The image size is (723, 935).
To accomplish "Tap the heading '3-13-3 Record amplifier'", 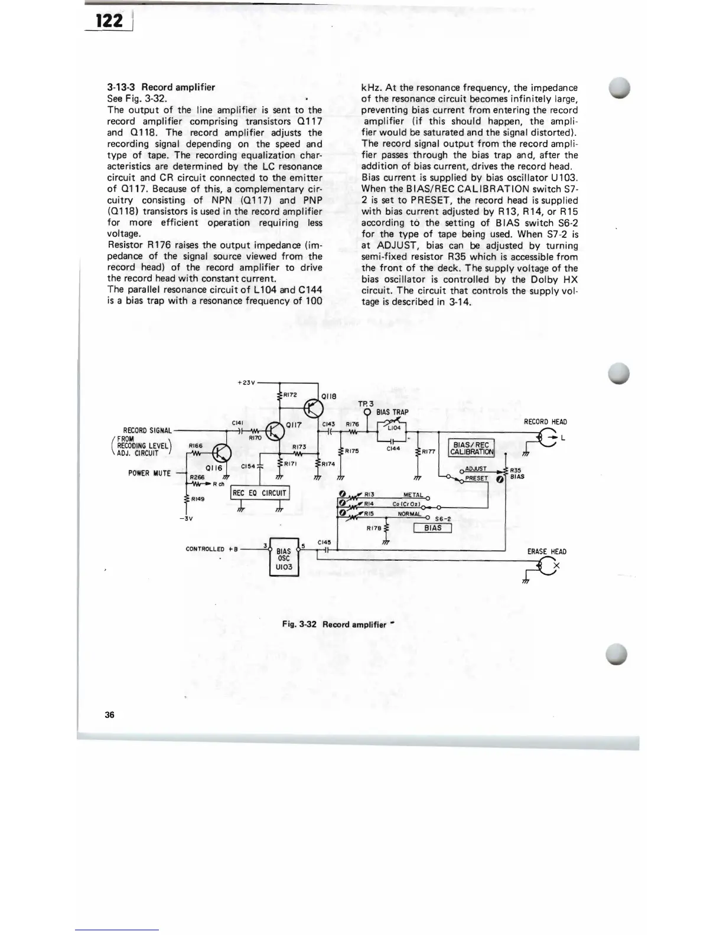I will pos(161,87).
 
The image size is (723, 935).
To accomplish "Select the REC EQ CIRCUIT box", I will pos(259,493).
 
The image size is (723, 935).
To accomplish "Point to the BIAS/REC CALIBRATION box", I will pos(471,448).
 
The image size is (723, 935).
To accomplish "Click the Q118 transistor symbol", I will pos(314,407).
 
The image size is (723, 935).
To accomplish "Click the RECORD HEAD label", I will pos(545,421).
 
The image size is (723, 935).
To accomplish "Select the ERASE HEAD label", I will pos(546,551).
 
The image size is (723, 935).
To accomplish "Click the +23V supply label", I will pos(246,382).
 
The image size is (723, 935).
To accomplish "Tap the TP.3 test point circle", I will pos(367,412).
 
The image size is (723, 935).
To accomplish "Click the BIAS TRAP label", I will pos(392,412).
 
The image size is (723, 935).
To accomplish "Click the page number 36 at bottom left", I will pos(109,715).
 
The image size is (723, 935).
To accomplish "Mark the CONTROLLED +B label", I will pos(211,549).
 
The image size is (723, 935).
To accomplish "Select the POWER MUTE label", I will pos(149,473).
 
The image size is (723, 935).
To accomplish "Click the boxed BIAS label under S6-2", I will pos(432,528).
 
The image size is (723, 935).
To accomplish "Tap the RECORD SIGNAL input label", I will pos(147,430).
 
